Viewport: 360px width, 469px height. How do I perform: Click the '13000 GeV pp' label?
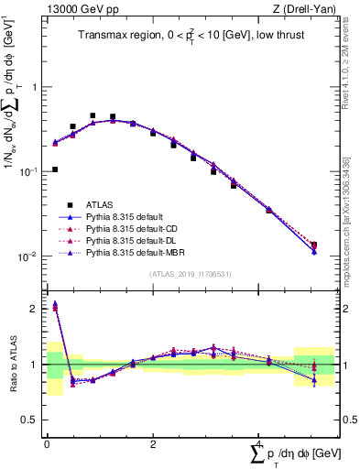[74, 10]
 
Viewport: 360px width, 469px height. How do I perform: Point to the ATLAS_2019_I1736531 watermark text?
[189, 274]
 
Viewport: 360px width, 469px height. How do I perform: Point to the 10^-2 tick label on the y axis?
[28, 256]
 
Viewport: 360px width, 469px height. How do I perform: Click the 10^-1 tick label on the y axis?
[28, 171]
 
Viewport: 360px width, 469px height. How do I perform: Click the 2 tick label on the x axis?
[153, 444]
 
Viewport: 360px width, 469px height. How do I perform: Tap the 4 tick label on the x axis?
[259, 444]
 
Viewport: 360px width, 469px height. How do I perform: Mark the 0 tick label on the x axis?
[47, 444]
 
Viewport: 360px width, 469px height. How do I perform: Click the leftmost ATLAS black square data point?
[55, 169]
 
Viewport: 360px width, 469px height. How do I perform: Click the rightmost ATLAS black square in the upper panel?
[314, 245]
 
